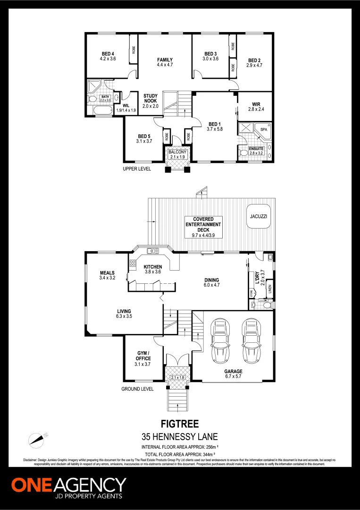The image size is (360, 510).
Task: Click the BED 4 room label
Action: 108,56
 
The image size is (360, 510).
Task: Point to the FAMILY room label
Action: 165,62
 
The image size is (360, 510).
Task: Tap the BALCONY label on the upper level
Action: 177,154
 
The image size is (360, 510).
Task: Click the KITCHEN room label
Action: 152,269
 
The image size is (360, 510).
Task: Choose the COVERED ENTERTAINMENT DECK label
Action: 203,227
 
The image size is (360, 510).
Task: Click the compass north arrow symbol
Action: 38,440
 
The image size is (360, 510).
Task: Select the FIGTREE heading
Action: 180,425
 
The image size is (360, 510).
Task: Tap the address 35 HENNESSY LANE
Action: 180,437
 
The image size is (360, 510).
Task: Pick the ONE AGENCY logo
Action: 69,488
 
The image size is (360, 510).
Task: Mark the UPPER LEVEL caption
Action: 137,169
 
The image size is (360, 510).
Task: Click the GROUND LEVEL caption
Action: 137,389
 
